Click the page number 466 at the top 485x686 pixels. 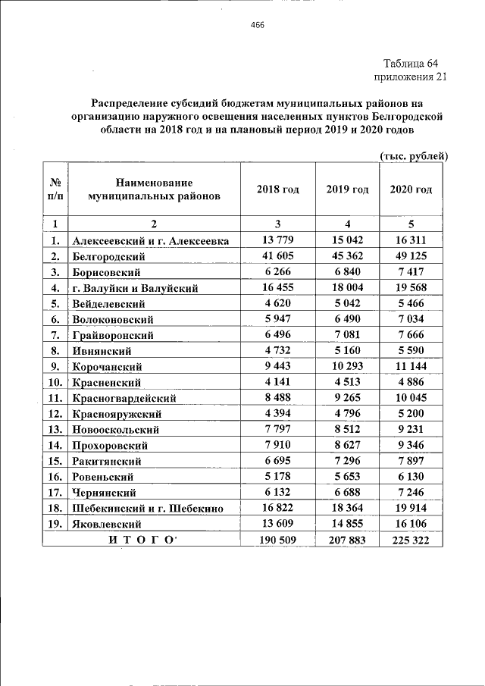(257, 25)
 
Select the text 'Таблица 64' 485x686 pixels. (411, 63)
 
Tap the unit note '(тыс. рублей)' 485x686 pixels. (414, 156)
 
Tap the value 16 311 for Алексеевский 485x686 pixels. (411, 240)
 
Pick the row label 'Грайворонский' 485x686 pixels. (114, 335)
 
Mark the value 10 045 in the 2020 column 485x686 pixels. (411, 397)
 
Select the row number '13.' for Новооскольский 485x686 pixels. (55, 429)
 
